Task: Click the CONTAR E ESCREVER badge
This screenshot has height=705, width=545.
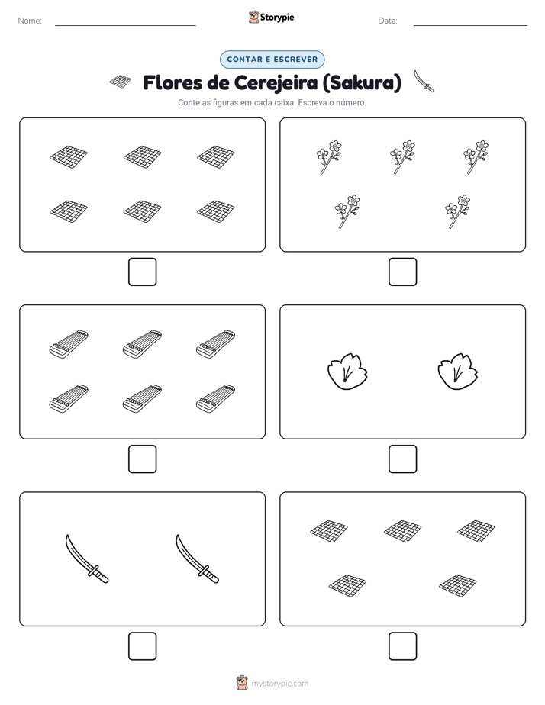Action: [272, 60]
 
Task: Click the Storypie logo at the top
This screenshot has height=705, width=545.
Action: [272, 17]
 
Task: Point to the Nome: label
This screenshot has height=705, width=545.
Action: [30, 21]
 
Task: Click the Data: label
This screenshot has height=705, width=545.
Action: [388, 21]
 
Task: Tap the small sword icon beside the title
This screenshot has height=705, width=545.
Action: [424, 81]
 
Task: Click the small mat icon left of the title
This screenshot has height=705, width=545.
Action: [121, 82]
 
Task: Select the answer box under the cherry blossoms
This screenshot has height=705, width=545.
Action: [402, 272]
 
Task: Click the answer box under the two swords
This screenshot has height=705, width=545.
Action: [143, 646]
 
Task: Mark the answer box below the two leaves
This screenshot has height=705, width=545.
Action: [402, 459]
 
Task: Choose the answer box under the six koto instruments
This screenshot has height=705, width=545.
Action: [143, 459]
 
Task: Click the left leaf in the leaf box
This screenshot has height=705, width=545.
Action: [347, 372]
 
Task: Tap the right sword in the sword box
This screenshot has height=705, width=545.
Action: [197, 559]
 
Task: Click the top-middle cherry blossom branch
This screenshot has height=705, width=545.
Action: [402, 157]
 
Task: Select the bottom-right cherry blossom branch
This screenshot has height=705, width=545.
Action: [457, 211]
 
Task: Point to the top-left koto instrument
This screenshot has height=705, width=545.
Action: [69, 344]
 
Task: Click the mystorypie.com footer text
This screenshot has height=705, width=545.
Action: [279, 684]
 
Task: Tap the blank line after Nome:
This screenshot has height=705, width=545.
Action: [125, 25]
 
